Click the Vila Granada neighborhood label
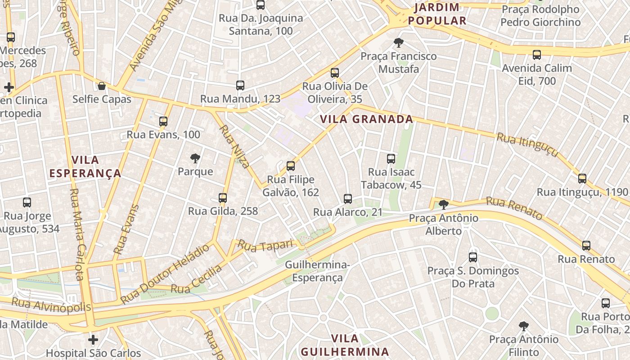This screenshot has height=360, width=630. [366, 119]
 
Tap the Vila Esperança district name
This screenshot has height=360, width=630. [85, 166]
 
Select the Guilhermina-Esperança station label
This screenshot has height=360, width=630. [317, 271]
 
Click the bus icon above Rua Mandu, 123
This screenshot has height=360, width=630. [240, 85]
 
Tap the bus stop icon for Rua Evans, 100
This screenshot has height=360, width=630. [163, 121]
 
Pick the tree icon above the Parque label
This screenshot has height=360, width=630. [195, 158]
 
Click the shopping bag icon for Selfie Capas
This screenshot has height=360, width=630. [102, 86]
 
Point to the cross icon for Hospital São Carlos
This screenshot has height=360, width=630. [93, 339]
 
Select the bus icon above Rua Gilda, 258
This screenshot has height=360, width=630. [223, 198]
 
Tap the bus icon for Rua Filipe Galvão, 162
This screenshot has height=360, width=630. [291, 166]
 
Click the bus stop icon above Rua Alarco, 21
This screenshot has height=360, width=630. [347, 199]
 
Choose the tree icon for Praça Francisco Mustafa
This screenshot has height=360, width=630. [398, 43]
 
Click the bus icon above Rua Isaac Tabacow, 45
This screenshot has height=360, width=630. [391, 159]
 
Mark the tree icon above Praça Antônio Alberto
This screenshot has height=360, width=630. [444, 205]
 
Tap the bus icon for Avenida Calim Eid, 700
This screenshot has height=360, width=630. [537, 55]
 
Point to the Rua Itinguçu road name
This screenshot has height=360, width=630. [527, 144]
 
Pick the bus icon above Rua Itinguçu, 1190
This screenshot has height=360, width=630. [582, 179]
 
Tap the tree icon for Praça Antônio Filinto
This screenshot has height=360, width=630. [523, 326]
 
